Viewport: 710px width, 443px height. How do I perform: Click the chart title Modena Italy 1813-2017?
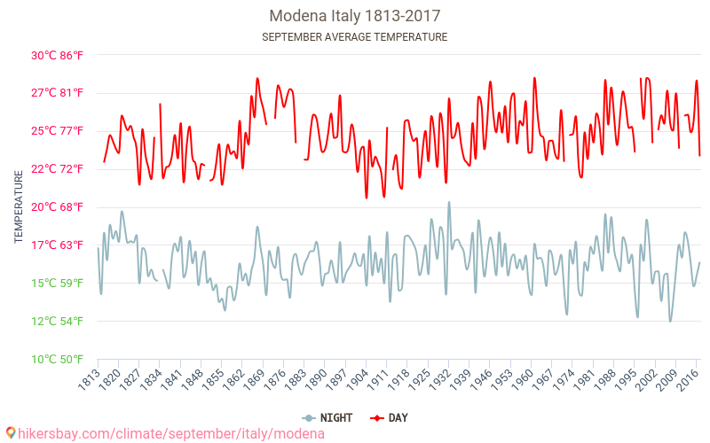click(354, 16)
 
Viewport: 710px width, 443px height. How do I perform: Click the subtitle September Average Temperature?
click(354, 37)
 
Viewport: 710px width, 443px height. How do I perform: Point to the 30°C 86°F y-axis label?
click(58, 55)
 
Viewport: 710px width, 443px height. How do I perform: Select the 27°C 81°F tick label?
click(58, 93)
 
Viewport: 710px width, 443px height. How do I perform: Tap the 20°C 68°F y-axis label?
click(58, 207)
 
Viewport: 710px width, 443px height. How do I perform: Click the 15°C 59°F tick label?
click(58, 284)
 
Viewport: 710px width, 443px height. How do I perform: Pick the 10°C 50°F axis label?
click(58, 360)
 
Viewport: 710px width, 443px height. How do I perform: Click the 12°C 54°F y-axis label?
click(58, 322)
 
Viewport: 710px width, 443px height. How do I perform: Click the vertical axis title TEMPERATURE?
click(19, 207)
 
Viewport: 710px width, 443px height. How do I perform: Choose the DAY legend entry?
click(390, 417)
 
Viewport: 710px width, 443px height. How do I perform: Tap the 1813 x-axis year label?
click(88, 379)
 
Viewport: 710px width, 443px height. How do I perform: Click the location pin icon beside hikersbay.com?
click(10, 433)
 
